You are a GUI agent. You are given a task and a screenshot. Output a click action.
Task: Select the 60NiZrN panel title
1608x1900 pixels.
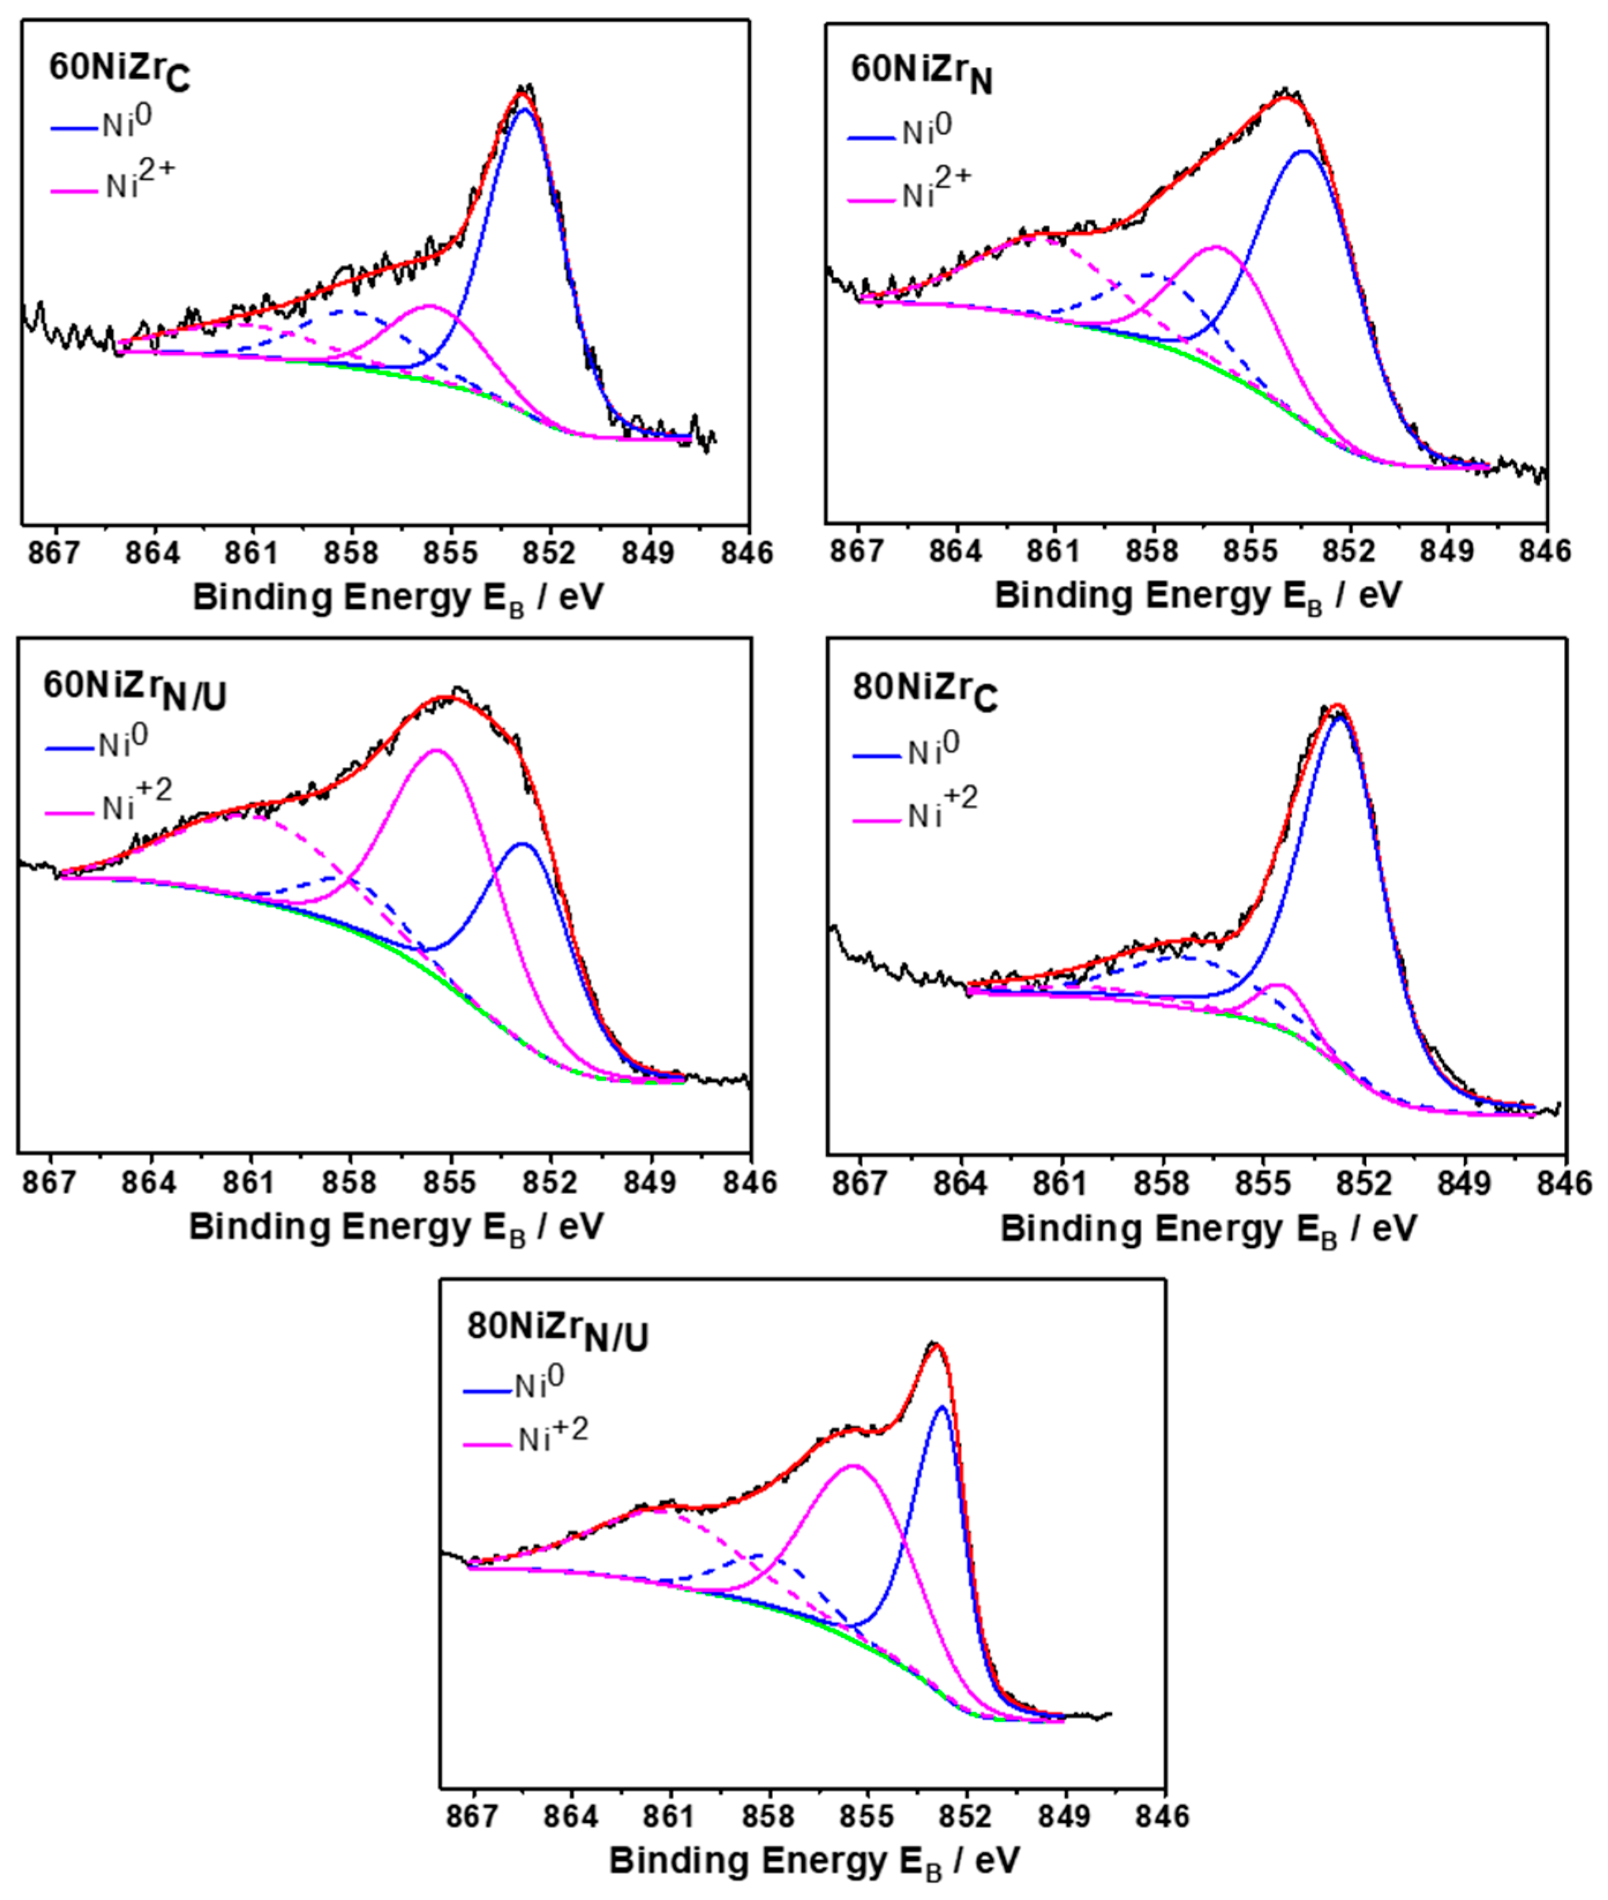921,73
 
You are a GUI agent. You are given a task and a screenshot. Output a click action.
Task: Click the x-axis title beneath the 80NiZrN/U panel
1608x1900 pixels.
814,1860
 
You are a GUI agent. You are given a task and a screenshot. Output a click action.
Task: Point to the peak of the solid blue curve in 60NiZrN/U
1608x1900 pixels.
522,844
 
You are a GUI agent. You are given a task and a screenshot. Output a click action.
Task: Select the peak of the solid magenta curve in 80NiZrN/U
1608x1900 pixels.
854,1466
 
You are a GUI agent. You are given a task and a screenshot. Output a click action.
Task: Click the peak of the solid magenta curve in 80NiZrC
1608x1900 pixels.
1279,985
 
